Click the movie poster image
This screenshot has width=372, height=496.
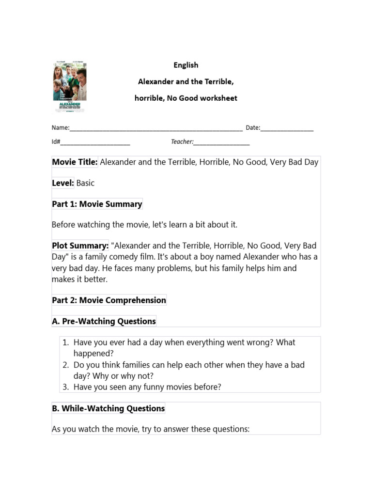click(69, 87)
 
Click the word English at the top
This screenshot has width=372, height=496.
click(186, 65)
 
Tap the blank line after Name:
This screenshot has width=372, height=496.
click(156, 128)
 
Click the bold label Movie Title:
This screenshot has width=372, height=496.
click(75, 162)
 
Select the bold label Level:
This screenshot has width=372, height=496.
click(63, 183)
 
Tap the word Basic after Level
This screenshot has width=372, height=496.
click(86, 183)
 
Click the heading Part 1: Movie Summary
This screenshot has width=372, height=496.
click(97, 204)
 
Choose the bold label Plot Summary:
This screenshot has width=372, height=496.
click(80, 246)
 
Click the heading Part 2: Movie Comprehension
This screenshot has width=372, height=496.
click(109, 300)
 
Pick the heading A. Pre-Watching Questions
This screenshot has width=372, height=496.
click(104, 321)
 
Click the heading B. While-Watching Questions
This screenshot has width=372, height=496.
click(108, 408)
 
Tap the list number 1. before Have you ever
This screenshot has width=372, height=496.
click(66, 342)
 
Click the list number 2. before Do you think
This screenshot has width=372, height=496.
click(66, 365)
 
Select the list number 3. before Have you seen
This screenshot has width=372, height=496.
click(66, 387)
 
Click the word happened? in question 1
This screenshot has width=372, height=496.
click(93, 354)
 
